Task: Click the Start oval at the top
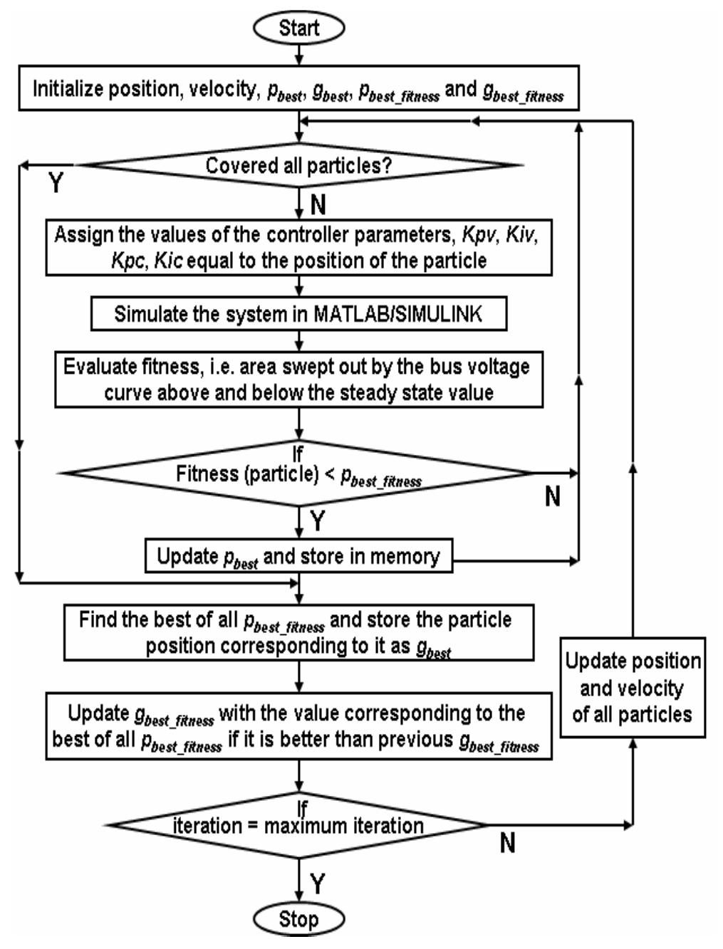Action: point(299,28)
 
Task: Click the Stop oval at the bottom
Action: point(299,918)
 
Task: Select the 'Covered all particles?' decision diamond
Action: point(299,165)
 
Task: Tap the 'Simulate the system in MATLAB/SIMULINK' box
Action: point(299,314)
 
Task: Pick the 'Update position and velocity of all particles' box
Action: point(633,688)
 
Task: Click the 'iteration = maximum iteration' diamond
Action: point(299,826)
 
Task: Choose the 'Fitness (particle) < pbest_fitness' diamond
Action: point(299,473)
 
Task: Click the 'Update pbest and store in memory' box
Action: point(299,557)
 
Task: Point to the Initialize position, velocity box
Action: point(299,91)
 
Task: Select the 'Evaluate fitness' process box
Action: point(299,380)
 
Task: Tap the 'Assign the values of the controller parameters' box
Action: point(299,248)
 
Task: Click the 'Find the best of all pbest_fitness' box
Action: point(299,632)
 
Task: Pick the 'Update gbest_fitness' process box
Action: point(299,726)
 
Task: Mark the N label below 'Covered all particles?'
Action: point(318,205)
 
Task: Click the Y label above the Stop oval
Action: point(318,884)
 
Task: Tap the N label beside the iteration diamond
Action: point(507,844)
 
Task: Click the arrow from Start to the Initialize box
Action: point(299,56)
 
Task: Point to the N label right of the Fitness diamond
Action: point(552,497)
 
